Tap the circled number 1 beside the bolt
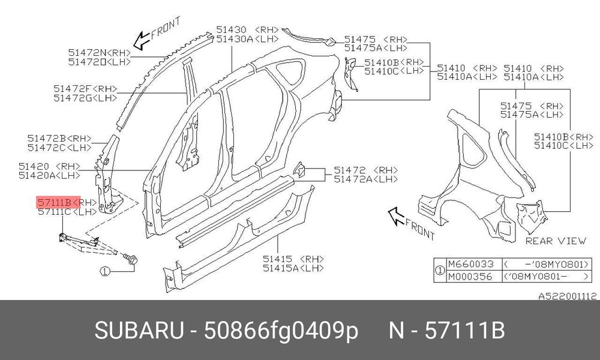(x=105, y=271)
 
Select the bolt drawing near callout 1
(x=131, y=259)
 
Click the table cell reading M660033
(x=470, y=265)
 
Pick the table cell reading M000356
(x=470, y=276)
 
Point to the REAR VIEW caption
(x=556, y=241)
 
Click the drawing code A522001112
(x=568, y=296)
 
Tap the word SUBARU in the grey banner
(x=139, y=330)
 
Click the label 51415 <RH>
(x=293, y=259)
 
